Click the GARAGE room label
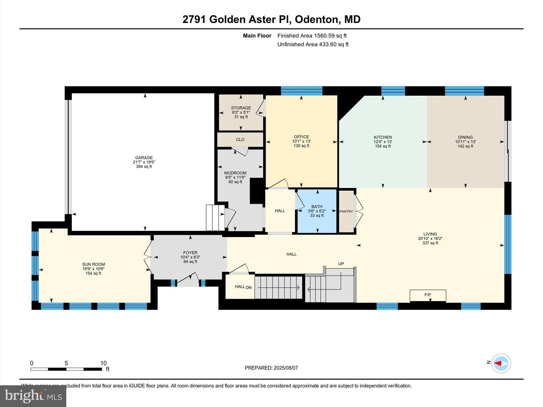[x=144, y=157]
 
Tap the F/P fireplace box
[x=428, y=295]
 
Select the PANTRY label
[x=346, y=211]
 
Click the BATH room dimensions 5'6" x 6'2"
[x=317, y=211]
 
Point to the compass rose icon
[x=501, y=363]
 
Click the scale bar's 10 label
[x=103, y=363]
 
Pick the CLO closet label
[x=240, y=140]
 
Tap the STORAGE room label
[x=241, y=108]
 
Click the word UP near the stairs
[x=341, y=264]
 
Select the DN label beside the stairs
[x=249, y=287]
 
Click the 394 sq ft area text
[x=144, y=167]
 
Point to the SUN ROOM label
[x=93, y=264]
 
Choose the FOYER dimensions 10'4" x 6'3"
[x=190, y=257]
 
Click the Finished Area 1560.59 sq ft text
[x=312, y=36]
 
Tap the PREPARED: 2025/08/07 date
[x=271, y=368]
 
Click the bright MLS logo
[x=33, y=396]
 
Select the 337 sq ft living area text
[x=430, y=243]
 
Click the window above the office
[x=301, y=91]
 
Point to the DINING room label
[x=465, y=137]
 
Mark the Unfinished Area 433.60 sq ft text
[x=313, y=44]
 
